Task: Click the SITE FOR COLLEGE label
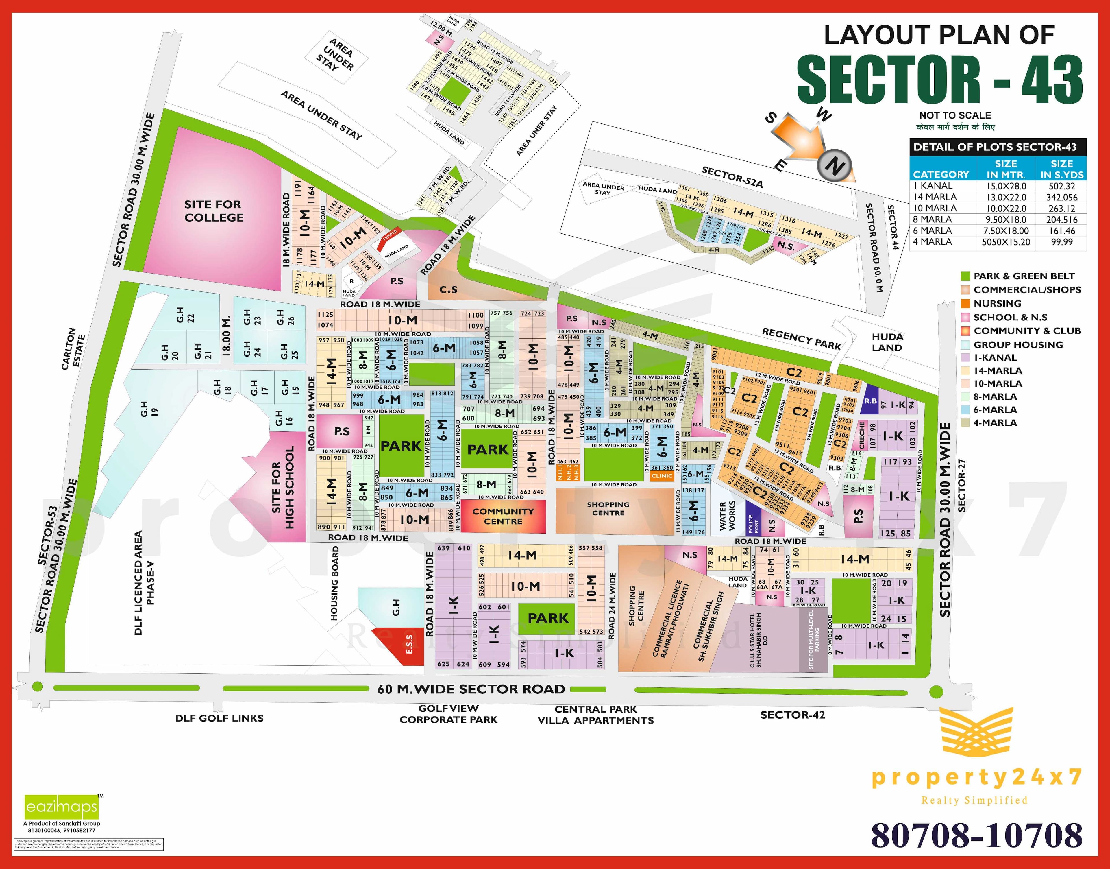pos(214,211)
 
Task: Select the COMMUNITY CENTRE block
pos(502,516)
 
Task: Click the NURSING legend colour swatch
pos(965,303)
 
